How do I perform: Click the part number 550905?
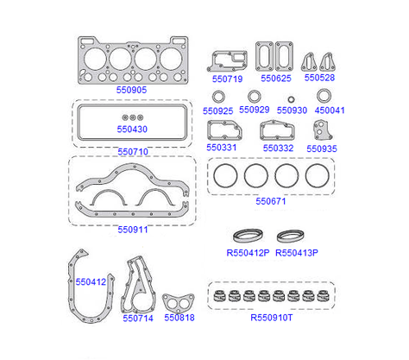click(131, 90)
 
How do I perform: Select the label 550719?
click(227, 79)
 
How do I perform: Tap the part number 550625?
click(276, 79)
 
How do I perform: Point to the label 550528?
click(319, 78)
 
